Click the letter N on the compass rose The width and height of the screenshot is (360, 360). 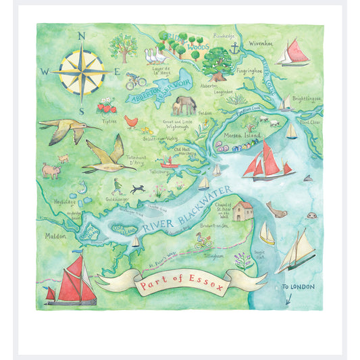pyautogui.click(x=81, y=36)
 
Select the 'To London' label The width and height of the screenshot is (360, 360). pyautogui.click(x=297, y=287)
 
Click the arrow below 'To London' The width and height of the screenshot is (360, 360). pyautogui.click(x=288, y=299)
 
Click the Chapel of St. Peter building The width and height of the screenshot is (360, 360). pyautogui.click(x=244, y=211)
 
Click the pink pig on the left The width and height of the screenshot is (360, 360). pyautogui.click(x=51, y=171)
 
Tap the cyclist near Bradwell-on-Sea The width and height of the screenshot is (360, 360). pyautogui.click(x=201, y=238)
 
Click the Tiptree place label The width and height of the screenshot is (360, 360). pyautogui.click(x=109, y=121)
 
